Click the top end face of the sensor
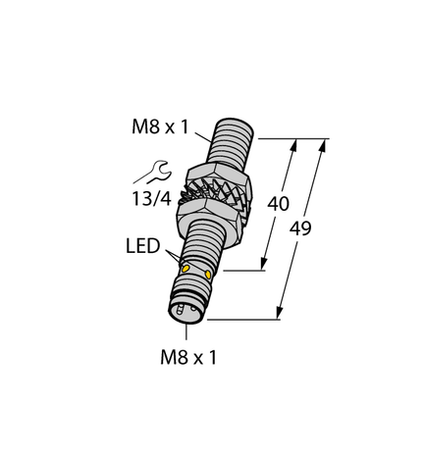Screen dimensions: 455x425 (243, 127)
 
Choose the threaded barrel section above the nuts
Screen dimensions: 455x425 (232, 138)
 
